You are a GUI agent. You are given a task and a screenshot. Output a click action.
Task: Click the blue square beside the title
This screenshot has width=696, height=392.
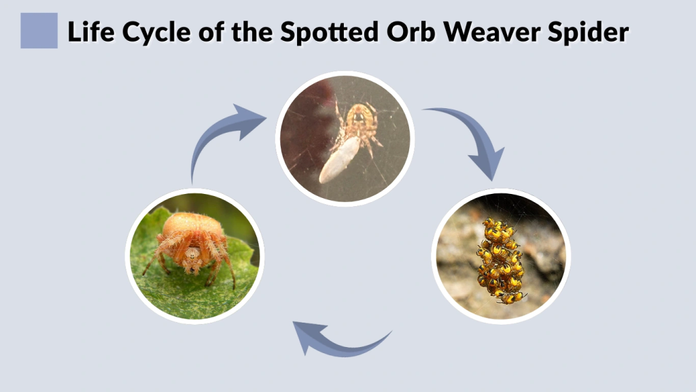click(39, 31)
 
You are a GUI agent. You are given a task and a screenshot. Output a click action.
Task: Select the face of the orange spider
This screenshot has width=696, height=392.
click(193, 258)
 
